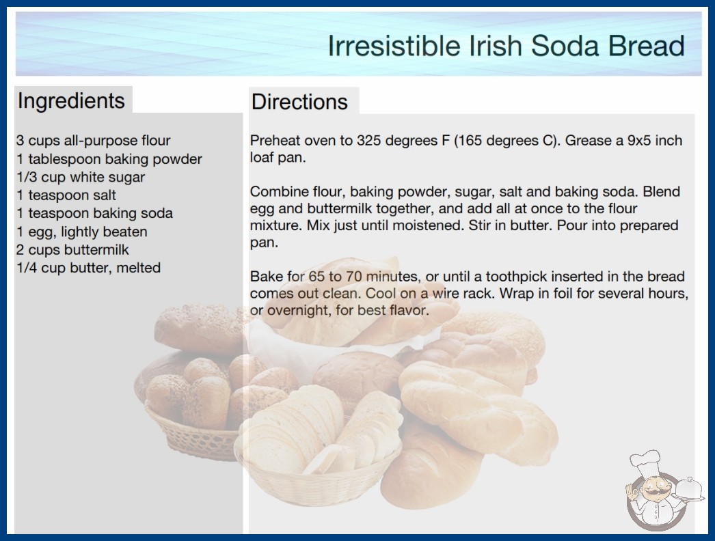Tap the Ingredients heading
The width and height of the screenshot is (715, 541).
(x=71, y=101)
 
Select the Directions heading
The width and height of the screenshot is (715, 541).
(x=299, y=102)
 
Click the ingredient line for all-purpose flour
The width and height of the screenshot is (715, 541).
(x=94, y=141)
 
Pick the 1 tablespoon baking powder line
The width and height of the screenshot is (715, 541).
(x=109, y=159)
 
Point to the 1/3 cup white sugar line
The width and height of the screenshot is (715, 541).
(x=81, y=177)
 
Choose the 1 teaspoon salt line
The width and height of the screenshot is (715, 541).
(x=66, y=195)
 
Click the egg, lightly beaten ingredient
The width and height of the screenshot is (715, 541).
(x=82, y=232)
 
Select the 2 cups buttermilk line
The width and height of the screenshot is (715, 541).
(x=72, y=250)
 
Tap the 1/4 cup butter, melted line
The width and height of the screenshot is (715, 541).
(x=88, y=268)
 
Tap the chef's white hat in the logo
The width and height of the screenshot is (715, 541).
(x=645, y=462)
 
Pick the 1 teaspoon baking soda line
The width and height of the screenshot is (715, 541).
(x=95, y=213)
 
